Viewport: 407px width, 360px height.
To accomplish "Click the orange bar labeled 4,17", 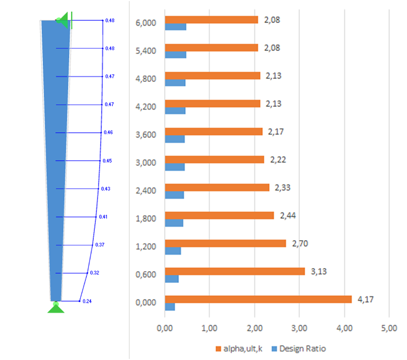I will [258, 299].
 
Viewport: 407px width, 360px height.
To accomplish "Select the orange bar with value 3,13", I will [235, 271].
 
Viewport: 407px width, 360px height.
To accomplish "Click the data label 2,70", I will [300, 243].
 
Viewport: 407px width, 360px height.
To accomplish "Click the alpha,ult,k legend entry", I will [238, 349].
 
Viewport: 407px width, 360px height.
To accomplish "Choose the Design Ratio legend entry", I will [300, 349].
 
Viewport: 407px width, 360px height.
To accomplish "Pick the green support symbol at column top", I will [64, 21].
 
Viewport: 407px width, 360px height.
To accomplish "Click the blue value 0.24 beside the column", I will [87, 301].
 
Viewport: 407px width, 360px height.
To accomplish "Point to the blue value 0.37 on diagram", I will [100, 244].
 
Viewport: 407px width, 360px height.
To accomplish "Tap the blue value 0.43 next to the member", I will [105, 189].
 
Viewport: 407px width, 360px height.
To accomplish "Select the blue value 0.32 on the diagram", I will [95, 273].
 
